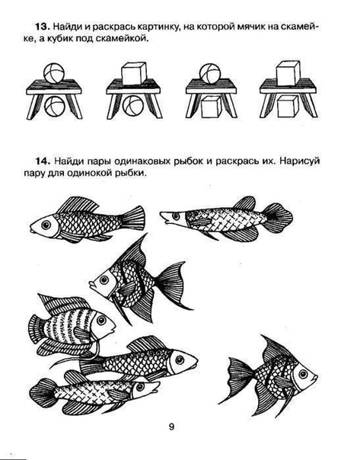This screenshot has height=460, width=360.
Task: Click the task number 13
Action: click(42, 27)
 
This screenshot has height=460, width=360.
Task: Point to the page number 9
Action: click(171, 426)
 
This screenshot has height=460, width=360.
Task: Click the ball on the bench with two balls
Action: click(54, 73)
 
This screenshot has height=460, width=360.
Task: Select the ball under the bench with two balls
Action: click(55, 106)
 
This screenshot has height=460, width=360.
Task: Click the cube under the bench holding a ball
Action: click(211, 107)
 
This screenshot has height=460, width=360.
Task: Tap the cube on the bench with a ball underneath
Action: click(133, 73)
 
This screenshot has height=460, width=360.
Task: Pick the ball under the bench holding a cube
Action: click(132, 106)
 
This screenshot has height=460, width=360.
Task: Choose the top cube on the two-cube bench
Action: click(288, 73)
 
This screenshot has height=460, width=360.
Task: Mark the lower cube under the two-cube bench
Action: click(288, 107)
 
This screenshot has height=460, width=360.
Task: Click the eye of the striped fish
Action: click(101, 320)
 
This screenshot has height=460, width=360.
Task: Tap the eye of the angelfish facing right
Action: click(304, 374)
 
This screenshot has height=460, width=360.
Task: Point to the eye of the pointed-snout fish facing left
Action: click(176, 216)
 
